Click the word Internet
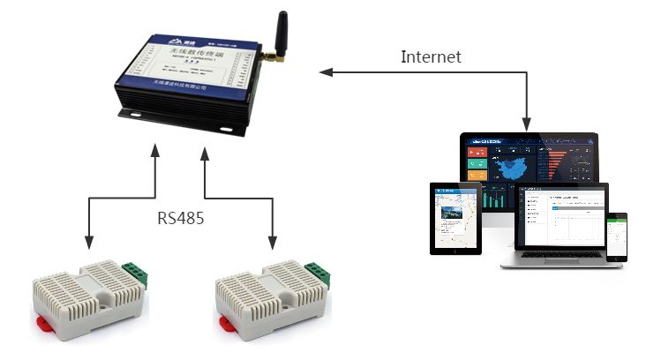(x=431, y=57)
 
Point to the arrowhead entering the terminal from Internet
(x=324, y=73)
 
